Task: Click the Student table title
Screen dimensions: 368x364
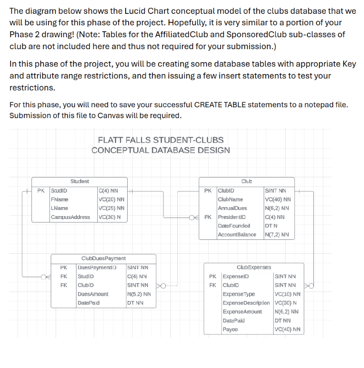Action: click(x=79, y=182)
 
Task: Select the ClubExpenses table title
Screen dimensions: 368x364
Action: click(x=254, y=267)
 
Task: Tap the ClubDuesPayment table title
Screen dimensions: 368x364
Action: click(x=103, y=258)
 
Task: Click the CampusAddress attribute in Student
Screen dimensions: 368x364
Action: click(x=71, y=217)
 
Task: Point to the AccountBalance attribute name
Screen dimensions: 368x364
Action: click(x=237, y=235)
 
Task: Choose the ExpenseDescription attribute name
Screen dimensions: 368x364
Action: click(x=246, y=303)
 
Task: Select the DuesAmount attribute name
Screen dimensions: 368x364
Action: click(x=93, y=294)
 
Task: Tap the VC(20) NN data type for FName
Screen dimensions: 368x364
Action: click(x=111, y=199)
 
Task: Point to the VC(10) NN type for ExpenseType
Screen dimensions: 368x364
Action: click(x=287, y=294)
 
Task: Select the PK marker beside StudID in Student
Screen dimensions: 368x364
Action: click(x=41, y=190)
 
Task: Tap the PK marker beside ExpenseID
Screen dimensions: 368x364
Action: click(x=213, y=276)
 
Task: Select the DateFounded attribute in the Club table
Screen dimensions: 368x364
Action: click(x=234, y=226)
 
